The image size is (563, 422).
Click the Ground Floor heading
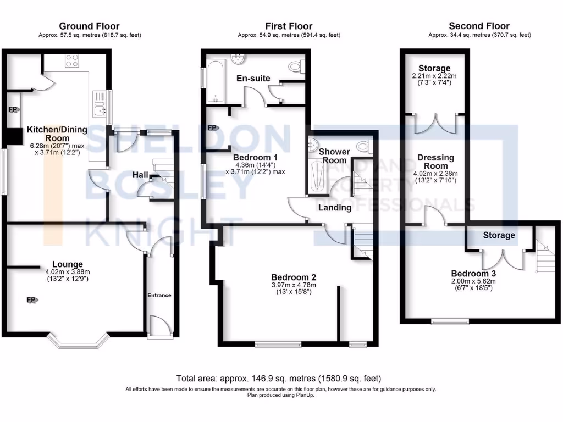coord(89,26)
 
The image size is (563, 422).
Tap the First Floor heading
coord(289,26)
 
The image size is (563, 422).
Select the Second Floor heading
coord(479,26)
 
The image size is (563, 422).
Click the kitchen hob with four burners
coord(72,60)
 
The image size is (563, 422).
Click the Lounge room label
coord(68,264)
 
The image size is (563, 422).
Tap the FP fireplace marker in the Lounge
coord(32,300)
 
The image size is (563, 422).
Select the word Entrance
coord(159,295)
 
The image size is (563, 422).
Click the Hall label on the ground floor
coord(140,175)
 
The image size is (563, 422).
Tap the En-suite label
coord(253,79)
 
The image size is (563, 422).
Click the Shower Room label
coord(334,156)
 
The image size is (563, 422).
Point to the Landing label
coord(335,208)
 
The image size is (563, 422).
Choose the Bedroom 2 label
coord(294,277)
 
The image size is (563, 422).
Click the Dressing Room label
coord(435,162)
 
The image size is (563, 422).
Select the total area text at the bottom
coord(278,379)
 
